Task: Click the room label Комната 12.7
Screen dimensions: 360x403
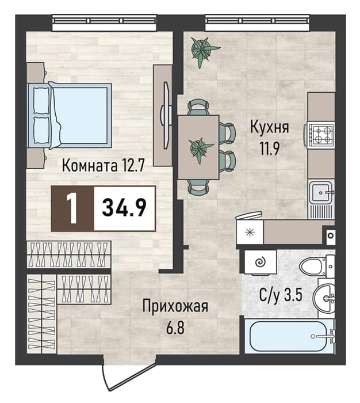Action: pos(104,165)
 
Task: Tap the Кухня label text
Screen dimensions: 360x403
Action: pos(269,127)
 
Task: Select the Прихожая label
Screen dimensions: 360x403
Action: pos(175,307)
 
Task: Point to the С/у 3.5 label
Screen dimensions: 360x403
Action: pos(280,295)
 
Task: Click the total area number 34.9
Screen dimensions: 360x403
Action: pos(124,208)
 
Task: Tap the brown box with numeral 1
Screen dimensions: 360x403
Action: pos(72,208)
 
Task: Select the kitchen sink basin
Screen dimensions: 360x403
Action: pos(320,192)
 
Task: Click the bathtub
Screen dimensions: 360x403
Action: pos(289,336)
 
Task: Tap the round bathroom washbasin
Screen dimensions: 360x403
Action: pos(324,298)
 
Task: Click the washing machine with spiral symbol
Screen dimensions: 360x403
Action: pos(261,263)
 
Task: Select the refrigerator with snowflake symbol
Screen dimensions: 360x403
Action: pos(250,233)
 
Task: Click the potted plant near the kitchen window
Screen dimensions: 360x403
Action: pos(204,51)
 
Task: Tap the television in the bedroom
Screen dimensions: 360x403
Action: pos(166,115)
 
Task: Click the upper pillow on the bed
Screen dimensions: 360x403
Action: pos(41,101)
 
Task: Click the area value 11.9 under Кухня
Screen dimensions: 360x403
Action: pos(269,149)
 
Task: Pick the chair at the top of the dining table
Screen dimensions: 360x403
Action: pos(198,107)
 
